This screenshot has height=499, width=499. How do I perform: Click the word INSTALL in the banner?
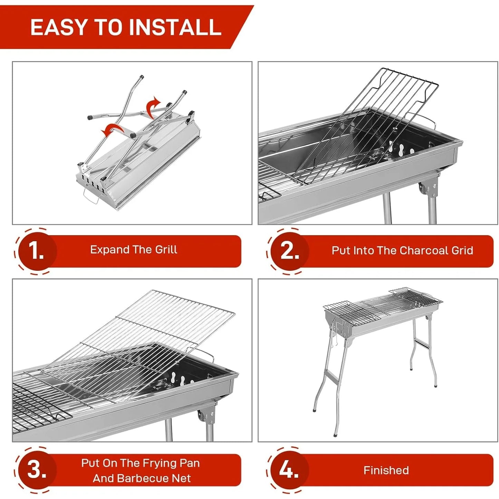[x=175, y=27]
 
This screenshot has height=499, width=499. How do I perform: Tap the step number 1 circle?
[x=37, y=251]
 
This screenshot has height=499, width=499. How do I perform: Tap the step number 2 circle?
[x=289, y=251]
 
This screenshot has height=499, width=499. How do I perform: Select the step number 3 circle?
[x=37, y=470]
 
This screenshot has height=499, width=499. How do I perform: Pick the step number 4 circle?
[x=289, y=470]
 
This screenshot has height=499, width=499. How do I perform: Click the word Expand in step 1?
[x=110, y=250]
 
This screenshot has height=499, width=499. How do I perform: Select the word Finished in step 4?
[x=386, y=470]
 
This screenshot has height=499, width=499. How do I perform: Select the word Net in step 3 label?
[x=183, y=478]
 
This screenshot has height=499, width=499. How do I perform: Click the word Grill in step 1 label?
[x=166, y=250]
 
